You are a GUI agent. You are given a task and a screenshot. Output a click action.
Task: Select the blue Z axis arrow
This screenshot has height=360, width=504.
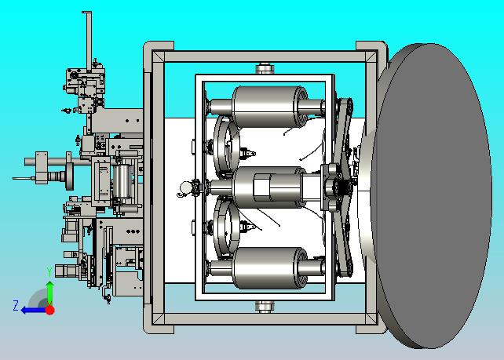point(33,311)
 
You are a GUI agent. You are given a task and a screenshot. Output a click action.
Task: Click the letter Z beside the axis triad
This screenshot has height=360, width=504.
point(16,305)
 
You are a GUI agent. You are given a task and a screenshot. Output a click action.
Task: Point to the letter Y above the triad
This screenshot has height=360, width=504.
point(49,271)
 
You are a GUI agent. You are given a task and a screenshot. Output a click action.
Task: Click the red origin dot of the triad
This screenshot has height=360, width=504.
point(49,310)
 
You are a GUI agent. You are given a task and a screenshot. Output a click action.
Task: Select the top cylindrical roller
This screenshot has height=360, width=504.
point(268,107)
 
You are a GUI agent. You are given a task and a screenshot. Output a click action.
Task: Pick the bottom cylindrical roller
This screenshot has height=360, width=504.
point(268,268)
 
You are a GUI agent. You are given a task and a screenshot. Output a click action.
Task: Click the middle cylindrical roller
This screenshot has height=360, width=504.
point(268,187)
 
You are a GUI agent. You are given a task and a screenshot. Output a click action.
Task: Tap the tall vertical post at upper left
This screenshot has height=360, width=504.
point(89,40)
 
